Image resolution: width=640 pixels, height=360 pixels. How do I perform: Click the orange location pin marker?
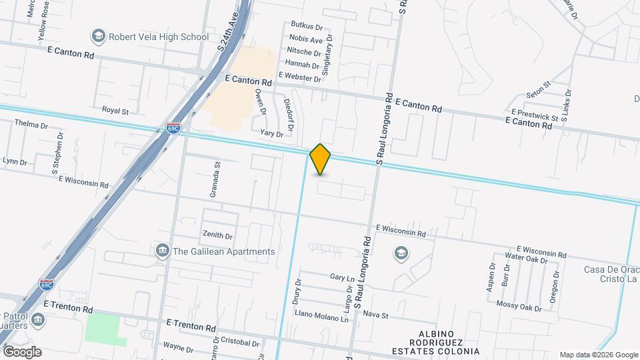321,159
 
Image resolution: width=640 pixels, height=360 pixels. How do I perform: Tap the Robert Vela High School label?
159,37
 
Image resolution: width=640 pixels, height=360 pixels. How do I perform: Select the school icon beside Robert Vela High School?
99,36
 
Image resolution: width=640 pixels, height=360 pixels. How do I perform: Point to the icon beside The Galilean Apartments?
162,251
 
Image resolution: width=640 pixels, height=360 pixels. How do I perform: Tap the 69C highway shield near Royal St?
173,127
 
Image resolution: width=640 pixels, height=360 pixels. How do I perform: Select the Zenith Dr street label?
218,235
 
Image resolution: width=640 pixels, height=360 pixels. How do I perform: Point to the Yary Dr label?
272,134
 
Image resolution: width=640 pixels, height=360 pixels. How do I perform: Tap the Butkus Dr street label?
307,28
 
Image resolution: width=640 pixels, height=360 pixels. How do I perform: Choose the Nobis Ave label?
306,40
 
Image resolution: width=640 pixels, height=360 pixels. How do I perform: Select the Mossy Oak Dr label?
519,307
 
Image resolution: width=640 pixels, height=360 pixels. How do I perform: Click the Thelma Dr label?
31,125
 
